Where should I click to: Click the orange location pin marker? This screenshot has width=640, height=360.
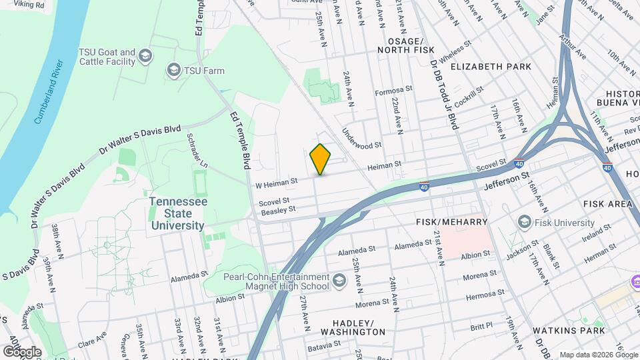pyautogui.click(x=321, y=159)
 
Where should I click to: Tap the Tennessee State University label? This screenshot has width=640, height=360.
pyautogui.click(x=177, y=213)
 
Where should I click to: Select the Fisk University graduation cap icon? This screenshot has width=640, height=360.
pyautogui.click(x=524, y=223)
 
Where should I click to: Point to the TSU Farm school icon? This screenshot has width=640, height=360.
pyautogui.click(x=174, y=70)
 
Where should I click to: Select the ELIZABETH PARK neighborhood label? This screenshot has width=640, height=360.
pyautogui.click(x=491, y=67)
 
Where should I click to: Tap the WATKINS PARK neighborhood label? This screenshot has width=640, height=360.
pyautogui.click(x=569, y=330)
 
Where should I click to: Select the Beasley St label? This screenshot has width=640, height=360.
pyautogui.click(x=277, y=209)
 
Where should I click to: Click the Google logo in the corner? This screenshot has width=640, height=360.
pyautogui.click(x=21, y=351)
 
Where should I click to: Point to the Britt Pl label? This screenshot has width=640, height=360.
pyautogui.click(x=481, y=327)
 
